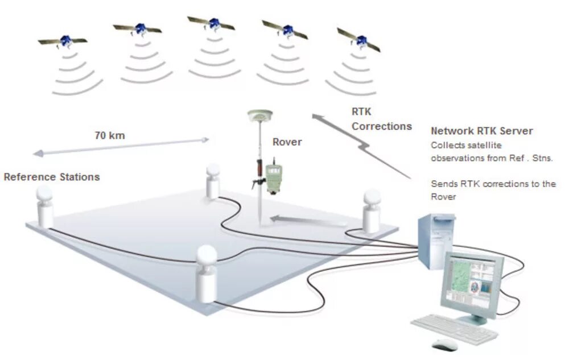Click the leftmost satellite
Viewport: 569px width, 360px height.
coord(64,41)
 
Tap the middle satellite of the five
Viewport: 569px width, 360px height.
coord(212,24)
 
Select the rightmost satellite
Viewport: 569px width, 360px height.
coord(359,40)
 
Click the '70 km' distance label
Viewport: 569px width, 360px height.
coord(109,136)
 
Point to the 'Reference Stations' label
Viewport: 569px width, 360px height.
coord(52,177)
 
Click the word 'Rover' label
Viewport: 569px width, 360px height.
coord(287,142)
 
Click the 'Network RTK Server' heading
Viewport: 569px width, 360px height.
coord(481,131)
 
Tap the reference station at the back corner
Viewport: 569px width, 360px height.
coord(213,180)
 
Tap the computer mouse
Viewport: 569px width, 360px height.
coord(444,345)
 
